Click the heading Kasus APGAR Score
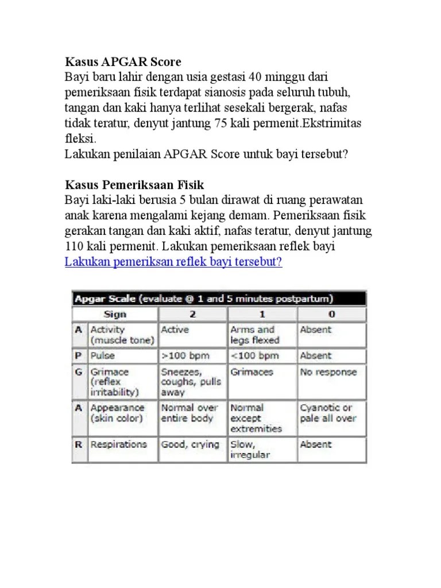point(123,61)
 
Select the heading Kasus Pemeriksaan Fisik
point(135,185)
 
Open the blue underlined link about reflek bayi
point(173,262)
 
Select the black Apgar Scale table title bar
point(218,299)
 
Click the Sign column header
point(115,314)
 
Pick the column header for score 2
point(192,314)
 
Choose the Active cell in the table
point(175,330)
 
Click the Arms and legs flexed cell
point(253,335)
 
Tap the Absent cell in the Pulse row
point(316,355)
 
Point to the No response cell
point(328,372)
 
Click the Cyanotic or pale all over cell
point(328,413)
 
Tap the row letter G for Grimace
point(78,372)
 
